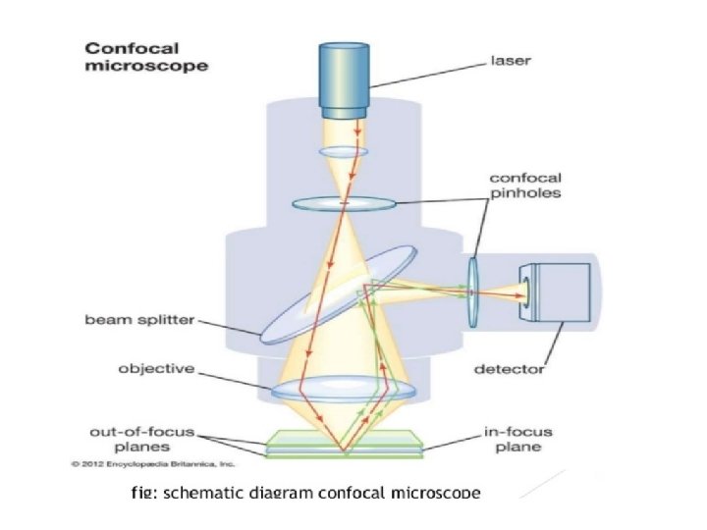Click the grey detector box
pyautogui.click(x=560, y=292)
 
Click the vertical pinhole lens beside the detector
pyautogui.click(x=473, y=291)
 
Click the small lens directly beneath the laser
pyautogui.click(x=343, y=152)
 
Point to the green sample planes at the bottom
pyautogui.click(x=343, y=447)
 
